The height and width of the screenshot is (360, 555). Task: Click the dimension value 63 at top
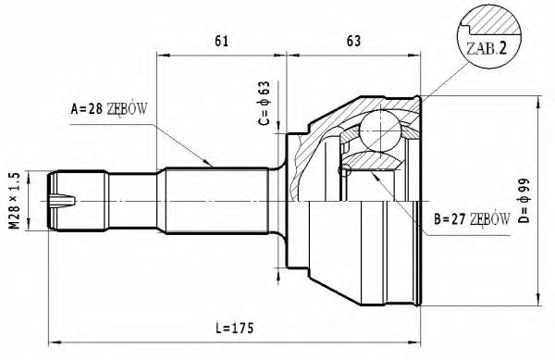pyautogui.click(x=352, y=40)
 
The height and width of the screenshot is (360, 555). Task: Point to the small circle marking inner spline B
pyautogui.click(x=346, y=171)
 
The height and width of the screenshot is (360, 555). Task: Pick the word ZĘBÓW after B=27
pyautogui.click(x=490, y=219)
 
